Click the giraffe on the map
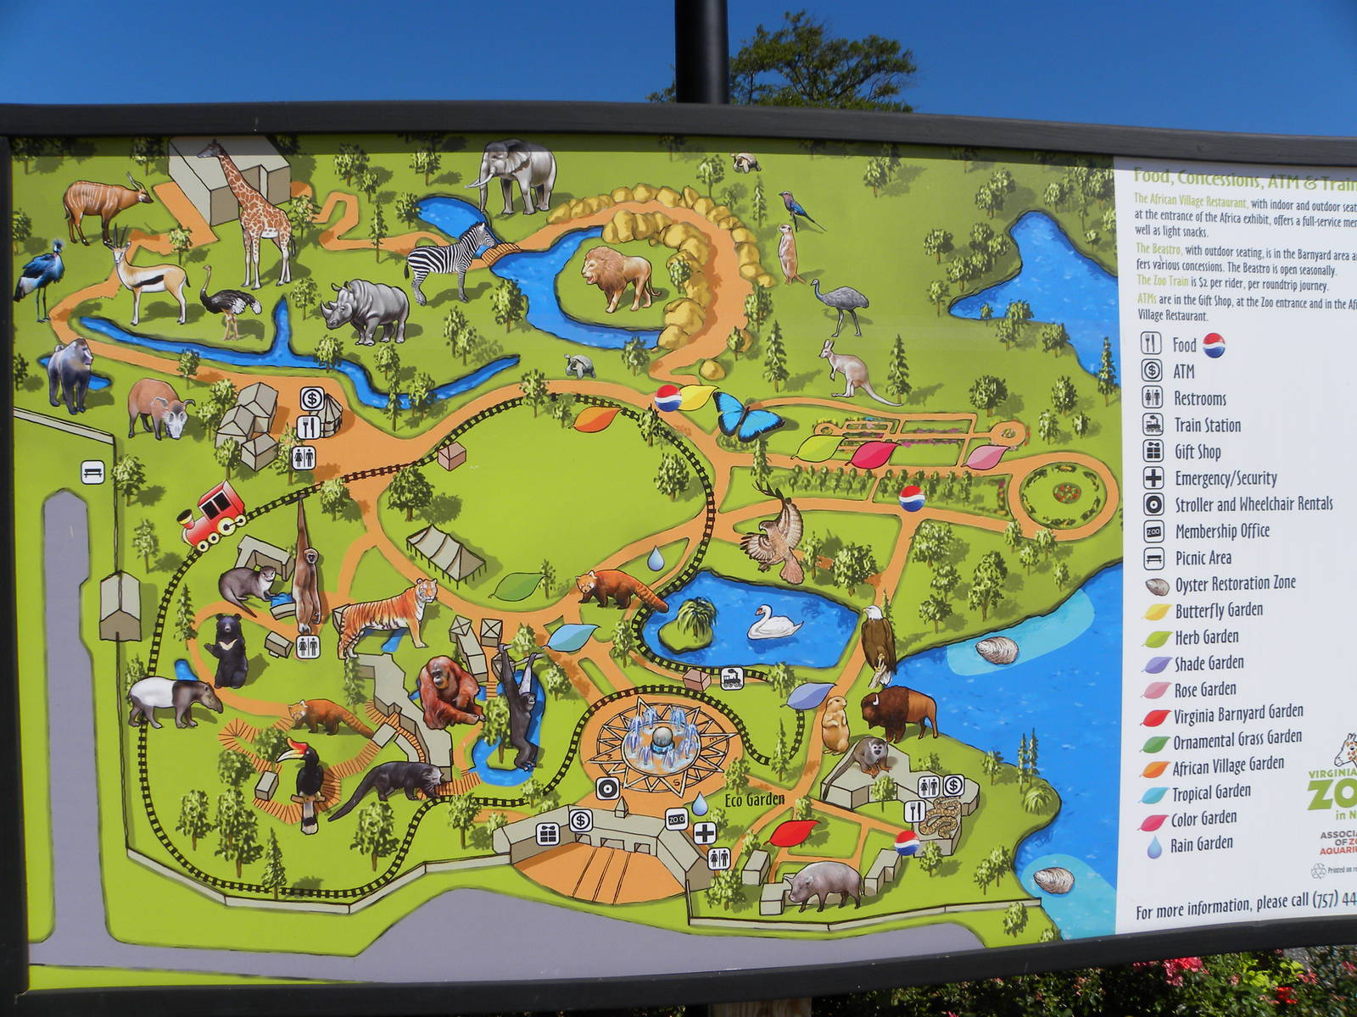coord(254,212)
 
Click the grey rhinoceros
coord(367,310)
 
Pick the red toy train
coord(212,514)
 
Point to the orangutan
coord(448,691)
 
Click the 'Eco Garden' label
coord(754,799)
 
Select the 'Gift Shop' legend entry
coord(1197,452)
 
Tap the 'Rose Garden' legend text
coord(1204,689)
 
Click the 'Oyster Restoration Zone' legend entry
coord(1234,584)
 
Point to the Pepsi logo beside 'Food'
coord(1214,344)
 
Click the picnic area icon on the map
coord(92,472)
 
